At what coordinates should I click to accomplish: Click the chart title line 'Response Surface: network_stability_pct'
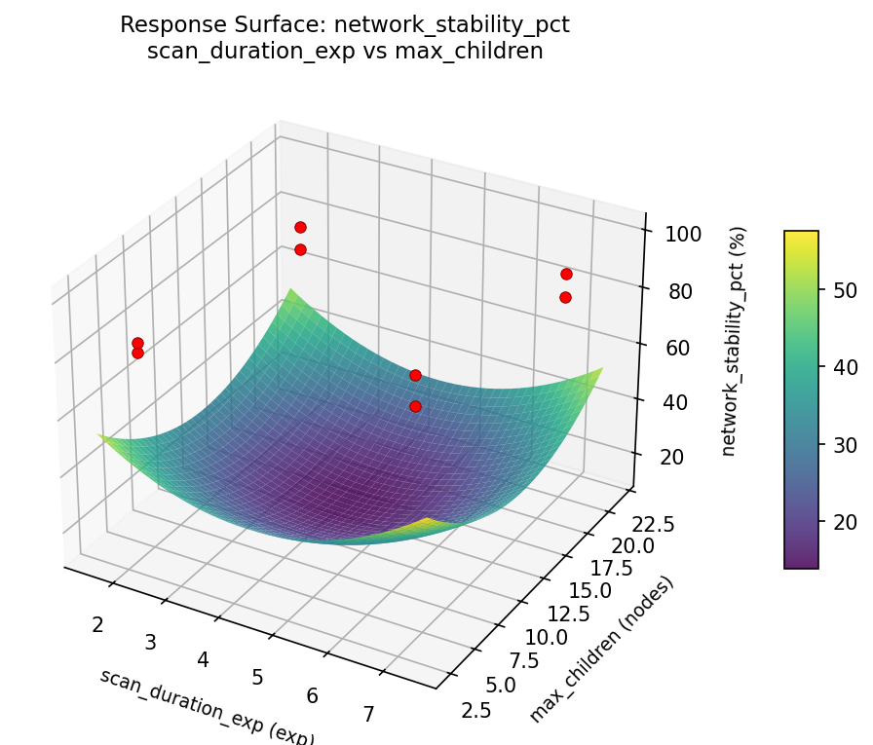tap(344, 25)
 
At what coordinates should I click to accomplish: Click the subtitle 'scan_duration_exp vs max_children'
tap(344, 52)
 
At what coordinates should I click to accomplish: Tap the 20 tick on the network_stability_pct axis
tap(672, 458)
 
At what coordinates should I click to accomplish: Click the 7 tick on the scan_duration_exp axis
tap(367, 715)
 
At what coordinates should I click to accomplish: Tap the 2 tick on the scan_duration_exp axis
tap(97, 624)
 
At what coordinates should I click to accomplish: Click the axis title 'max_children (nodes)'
tap(601, 650)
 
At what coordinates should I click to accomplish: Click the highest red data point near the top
tap(300, 228)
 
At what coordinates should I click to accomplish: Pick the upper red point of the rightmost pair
tap(566, 275)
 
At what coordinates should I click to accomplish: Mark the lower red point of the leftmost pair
tap(137, 353)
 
